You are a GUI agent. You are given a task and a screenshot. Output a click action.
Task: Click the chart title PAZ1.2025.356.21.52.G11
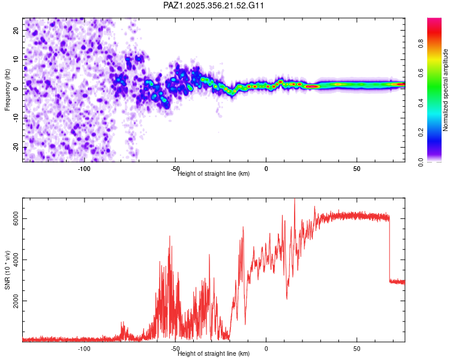click(x=214, y=5)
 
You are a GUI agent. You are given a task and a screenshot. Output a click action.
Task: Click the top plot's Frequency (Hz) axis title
click(x=7, y=89)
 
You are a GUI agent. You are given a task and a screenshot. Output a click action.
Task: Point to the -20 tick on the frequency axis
click(x=16, y=148)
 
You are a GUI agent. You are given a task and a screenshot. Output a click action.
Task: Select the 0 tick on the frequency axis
click(x=16, y=89)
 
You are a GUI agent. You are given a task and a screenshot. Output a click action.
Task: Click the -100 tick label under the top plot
click(x=84, y=169)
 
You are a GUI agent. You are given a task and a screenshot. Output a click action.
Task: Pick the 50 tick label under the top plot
click(x=356, y=169)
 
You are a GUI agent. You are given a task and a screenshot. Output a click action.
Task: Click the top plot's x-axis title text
click(x=214, y=174)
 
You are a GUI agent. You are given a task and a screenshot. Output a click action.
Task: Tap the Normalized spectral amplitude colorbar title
click(x=445, y=90)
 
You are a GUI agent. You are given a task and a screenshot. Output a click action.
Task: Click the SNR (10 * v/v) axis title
click(x=7, y=270)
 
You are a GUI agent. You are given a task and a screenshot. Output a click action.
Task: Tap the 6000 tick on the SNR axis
click(x=16, y=218)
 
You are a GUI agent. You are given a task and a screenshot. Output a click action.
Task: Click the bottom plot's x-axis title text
click(x=214, y=354)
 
